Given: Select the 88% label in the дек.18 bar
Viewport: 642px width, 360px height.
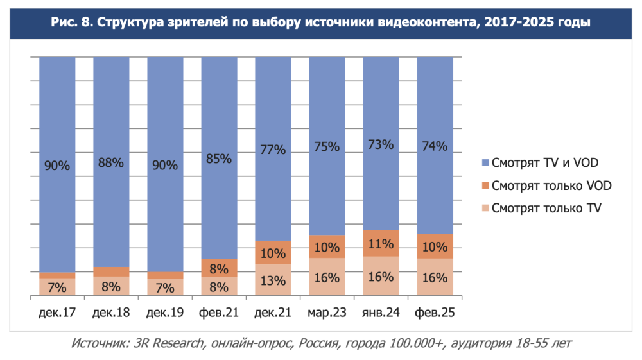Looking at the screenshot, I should [111, 162].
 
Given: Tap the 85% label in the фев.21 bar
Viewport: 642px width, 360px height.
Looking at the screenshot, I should [219, 159].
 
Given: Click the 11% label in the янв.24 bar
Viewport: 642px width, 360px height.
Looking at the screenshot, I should [381, 243].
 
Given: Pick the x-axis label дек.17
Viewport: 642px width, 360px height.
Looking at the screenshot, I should [57, 313].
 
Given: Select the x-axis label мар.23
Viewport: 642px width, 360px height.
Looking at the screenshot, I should [327, 313].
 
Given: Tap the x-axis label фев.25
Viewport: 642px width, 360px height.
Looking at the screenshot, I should [435, 313].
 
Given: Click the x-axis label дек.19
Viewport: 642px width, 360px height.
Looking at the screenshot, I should [165, 313].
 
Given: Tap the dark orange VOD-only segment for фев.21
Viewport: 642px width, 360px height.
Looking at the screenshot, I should [219, 268].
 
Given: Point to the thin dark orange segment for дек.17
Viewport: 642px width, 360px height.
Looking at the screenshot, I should [57, 275].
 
